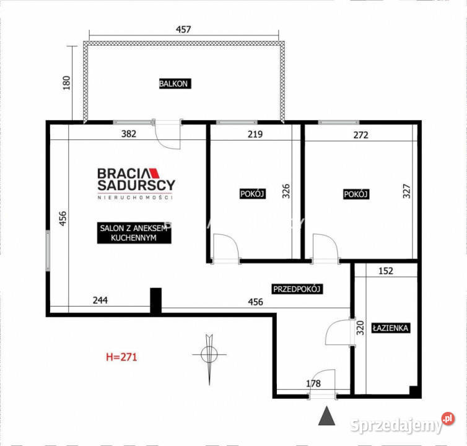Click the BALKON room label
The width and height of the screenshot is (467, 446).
(x=175, y=84)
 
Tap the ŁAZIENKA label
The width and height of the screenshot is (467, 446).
(x=390, y=328)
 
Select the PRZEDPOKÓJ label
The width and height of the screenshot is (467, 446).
(x=297, y=289)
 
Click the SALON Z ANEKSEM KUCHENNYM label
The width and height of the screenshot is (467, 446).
(x=134, y=233)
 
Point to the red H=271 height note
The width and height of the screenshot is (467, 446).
(x=121, y=357)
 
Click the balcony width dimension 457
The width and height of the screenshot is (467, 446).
(x=183, y=29)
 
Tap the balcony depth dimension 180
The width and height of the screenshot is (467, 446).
(x=66, y=83)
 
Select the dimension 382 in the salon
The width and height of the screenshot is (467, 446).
(x=129, y=134)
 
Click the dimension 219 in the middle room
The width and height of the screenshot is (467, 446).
(x=255, y=134)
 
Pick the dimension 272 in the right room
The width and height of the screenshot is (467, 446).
(x=360, y=135)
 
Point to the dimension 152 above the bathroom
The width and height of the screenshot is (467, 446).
(x=386, y=271)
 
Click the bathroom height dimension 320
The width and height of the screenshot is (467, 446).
(x=360, y=328)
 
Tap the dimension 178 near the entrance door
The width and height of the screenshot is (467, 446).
(x=313, y=383)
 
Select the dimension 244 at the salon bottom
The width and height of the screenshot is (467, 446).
(x=100, y=300)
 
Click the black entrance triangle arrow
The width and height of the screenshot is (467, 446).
(x=327, y=416)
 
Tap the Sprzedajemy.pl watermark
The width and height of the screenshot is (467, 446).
(x=403, y=423)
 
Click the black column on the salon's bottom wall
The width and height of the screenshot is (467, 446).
(x=155, y=300)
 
